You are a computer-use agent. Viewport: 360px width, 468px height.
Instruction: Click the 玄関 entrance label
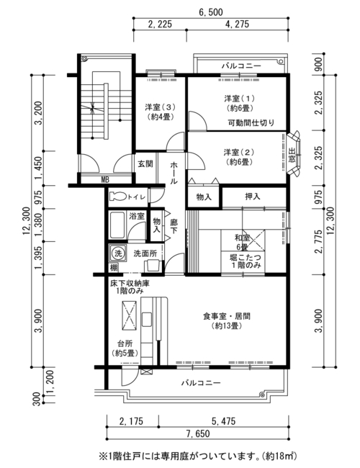(x=145, y=163)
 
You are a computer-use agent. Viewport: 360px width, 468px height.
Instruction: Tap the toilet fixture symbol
(x=118, y=197)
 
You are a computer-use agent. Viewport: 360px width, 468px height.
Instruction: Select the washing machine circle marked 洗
(x=118, y=254)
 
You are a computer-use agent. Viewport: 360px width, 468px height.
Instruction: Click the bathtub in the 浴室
(x=117, y=225)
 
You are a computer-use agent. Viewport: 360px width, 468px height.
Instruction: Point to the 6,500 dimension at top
(x=210, y=12)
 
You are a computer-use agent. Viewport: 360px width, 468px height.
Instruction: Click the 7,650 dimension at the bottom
(x=198, y=433)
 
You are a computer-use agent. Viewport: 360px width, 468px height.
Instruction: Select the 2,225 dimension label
(x=160, y=24)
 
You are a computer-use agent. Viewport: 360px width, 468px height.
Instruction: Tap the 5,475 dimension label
(x=224, y=421)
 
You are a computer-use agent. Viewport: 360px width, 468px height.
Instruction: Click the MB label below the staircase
(x=105, y=180)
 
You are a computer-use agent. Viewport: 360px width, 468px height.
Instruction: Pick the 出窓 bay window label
(x=292, y=156)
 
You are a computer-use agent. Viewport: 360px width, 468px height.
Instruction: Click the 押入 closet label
(x=253, y=197)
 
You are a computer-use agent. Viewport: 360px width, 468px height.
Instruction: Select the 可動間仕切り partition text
(x=251, y=122)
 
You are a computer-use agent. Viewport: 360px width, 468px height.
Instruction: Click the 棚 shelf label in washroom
(x=114, y=268)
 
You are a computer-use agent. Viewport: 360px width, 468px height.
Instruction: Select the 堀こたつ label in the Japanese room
(x=246, y=257)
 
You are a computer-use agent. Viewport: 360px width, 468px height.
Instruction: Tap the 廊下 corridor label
(x=174, y=226)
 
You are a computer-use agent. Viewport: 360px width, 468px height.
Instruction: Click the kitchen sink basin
(x=146, y=320)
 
